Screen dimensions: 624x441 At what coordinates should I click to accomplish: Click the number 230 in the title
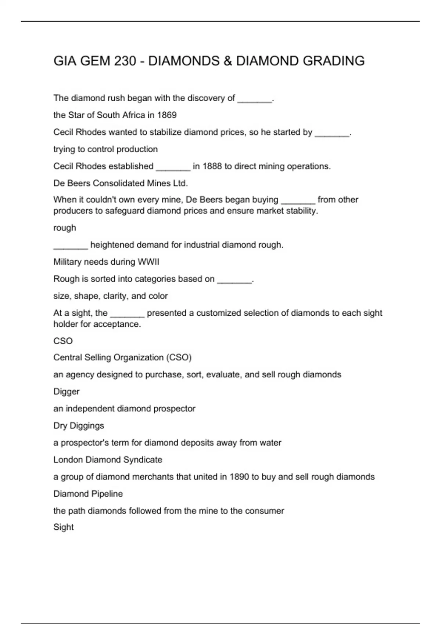[x=125, y=61]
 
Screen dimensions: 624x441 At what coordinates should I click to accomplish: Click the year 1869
[x=167, y=115]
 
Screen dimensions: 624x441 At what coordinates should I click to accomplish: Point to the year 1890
[x=239, y=477]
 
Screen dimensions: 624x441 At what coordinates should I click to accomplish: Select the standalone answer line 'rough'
[x=65, y=228]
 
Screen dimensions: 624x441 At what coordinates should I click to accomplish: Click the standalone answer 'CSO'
[x=63, y=341]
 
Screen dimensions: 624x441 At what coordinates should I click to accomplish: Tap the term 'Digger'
[x=66, y=392]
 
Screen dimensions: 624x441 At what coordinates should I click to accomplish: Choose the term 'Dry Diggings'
[x=79, y=426]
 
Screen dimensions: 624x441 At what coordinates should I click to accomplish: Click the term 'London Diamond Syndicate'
[x=108, y=460]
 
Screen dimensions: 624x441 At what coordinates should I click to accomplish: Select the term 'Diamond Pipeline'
[x=88, y=494]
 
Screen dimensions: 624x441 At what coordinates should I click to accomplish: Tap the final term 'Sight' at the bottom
[x=64, y=527]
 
